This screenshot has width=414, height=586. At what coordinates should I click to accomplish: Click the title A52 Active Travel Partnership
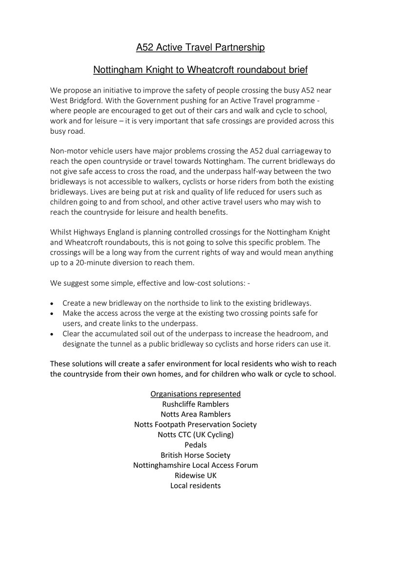click(x=200, y=47)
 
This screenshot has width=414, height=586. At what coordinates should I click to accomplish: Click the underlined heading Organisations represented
click(x=195, y=394)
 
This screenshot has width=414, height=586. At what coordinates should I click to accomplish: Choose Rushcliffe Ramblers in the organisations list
click(x=195, y=404)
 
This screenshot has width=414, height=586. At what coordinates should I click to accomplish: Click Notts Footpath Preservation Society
click(x=195, y=424)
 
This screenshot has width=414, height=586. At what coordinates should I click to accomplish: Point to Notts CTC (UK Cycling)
click(x=195, y=435)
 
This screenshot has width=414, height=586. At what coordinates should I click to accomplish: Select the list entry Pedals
click(x=195, y=445)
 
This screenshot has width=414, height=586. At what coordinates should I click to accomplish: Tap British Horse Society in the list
click(x=195, y=455)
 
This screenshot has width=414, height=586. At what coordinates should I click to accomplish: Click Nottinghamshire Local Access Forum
click(x=195, y=465)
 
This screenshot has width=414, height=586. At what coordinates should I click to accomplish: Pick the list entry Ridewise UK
click(x=195, y=475)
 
